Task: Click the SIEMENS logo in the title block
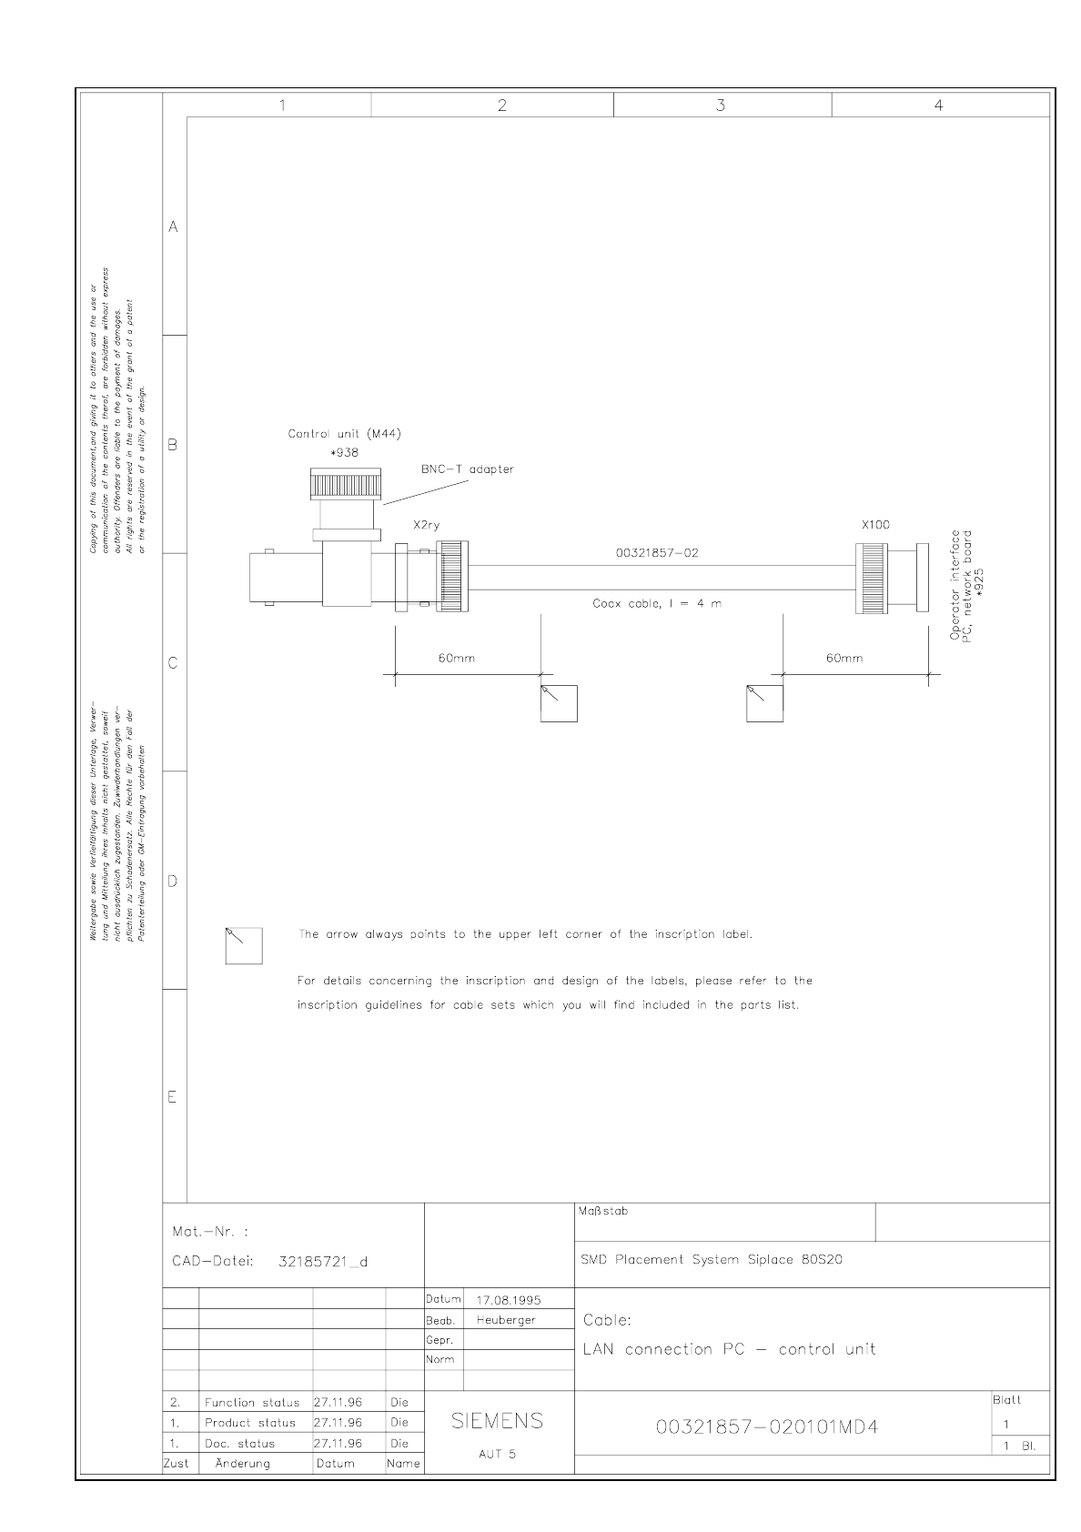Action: click(x=497, y=1420)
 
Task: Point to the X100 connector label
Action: click(x=875, y=525)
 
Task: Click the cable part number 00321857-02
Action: click(x=657, y=553)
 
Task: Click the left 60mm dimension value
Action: click(x=457, y=658)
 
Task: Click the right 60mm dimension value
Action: click(x=844, y=658)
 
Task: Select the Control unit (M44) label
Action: click(x=344, y=434)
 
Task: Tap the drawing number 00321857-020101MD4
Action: click(x=767, y=1426)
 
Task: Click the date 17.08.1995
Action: click(x=509, y=1299)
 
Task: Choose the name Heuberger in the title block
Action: click(x=506, y=1320)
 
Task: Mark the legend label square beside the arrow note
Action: click(x=244, y=945)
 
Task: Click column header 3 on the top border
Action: click(x=721, y=106)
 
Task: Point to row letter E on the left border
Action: click(x=172, y=1097)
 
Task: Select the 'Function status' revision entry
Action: click(x=251, y=1403)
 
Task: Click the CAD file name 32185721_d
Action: click(x=322, y=1262)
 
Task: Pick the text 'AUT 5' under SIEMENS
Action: click(x=497, y=1454)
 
